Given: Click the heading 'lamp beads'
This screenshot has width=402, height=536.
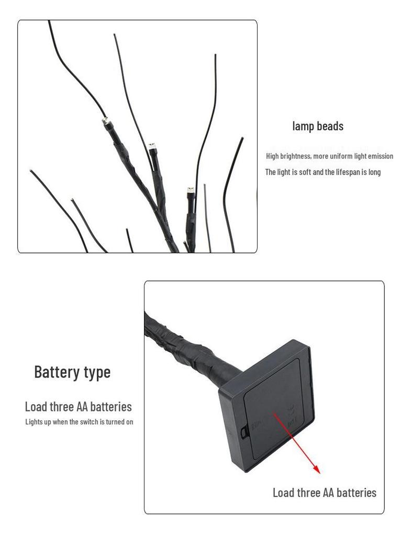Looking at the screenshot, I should coord(318,126).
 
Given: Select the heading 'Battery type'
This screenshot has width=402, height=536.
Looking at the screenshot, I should coord(72,372).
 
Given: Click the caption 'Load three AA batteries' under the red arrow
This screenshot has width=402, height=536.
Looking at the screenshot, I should coord(324,493).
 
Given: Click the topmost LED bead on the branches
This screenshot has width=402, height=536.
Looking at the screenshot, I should coord(105,121).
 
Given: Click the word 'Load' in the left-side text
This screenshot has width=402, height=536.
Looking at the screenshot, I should coord(36,407).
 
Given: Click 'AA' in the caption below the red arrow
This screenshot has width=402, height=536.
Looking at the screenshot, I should coord(328,493).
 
